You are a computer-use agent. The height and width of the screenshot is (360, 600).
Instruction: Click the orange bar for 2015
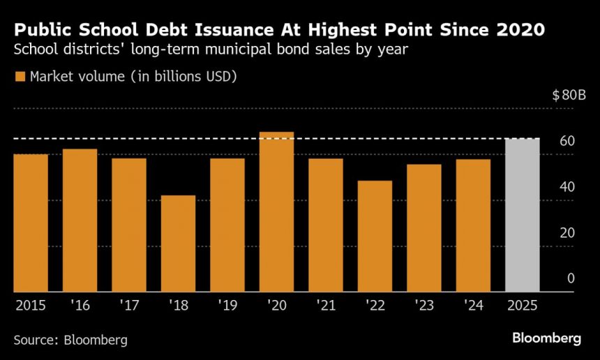pos(31,223)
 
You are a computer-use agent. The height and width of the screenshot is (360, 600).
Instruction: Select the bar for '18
pos(178,243)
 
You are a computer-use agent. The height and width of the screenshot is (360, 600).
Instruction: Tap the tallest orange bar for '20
pos(276,212)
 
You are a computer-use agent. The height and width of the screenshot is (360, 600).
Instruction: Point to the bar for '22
pos(375,237)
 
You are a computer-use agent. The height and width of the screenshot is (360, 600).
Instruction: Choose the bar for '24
pos(473,225)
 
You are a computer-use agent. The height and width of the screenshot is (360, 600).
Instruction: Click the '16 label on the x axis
pos(80,305)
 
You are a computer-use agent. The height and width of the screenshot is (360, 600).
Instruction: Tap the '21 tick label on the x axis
pos(325,305)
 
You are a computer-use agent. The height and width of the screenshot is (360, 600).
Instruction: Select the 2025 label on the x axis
pos(522,305)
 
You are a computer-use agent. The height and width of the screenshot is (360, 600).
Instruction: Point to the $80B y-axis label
pos(569,96)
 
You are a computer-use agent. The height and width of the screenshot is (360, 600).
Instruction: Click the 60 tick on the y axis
pos(567,142)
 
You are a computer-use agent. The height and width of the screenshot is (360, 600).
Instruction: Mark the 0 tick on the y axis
pos(571,278)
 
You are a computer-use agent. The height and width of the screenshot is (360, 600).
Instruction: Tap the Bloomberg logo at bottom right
pos(546,338)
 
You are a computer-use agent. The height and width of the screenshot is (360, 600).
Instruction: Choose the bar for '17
pos(129,225)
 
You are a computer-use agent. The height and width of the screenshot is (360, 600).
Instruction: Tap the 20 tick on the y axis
pos(567,232)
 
